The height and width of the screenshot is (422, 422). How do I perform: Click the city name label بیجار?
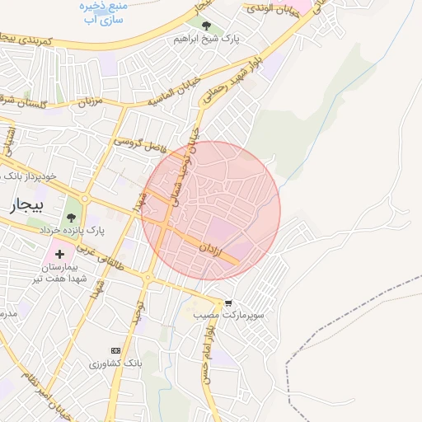tap(25, 204)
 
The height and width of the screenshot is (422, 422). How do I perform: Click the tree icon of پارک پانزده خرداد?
tap(72, 217)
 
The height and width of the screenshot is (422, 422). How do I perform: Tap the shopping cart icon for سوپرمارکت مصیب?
tap(228, 303)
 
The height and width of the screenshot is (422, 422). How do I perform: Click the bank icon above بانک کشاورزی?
tap(115, 349)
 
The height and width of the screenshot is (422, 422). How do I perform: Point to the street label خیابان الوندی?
tap(268, 12)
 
